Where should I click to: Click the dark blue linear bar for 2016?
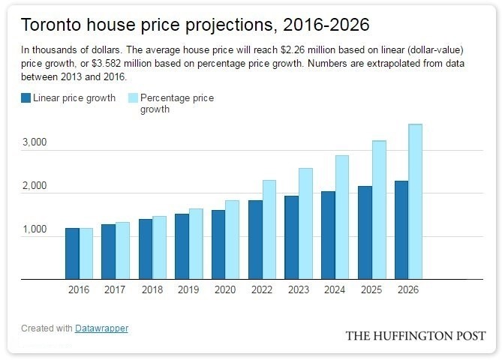(72, 253)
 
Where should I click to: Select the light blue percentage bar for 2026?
(415, 202)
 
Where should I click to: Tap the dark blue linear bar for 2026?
(401, 230)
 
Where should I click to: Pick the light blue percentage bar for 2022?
(269, 229)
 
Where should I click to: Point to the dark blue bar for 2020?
(218, 244)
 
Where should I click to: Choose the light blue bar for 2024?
(342, 217)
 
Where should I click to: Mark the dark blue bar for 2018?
(145, 249)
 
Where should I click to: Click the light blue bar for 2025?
(379, 210)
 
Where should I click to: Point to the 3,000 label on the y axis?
(35, 142)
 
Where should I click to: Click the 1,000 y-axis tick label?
(35, 229)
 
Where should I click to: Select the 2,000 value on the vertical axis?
(35, 185)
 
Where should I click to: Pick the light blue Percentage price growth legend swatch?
(134, 98)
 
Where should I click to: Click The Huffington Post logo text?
(415, 335)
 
